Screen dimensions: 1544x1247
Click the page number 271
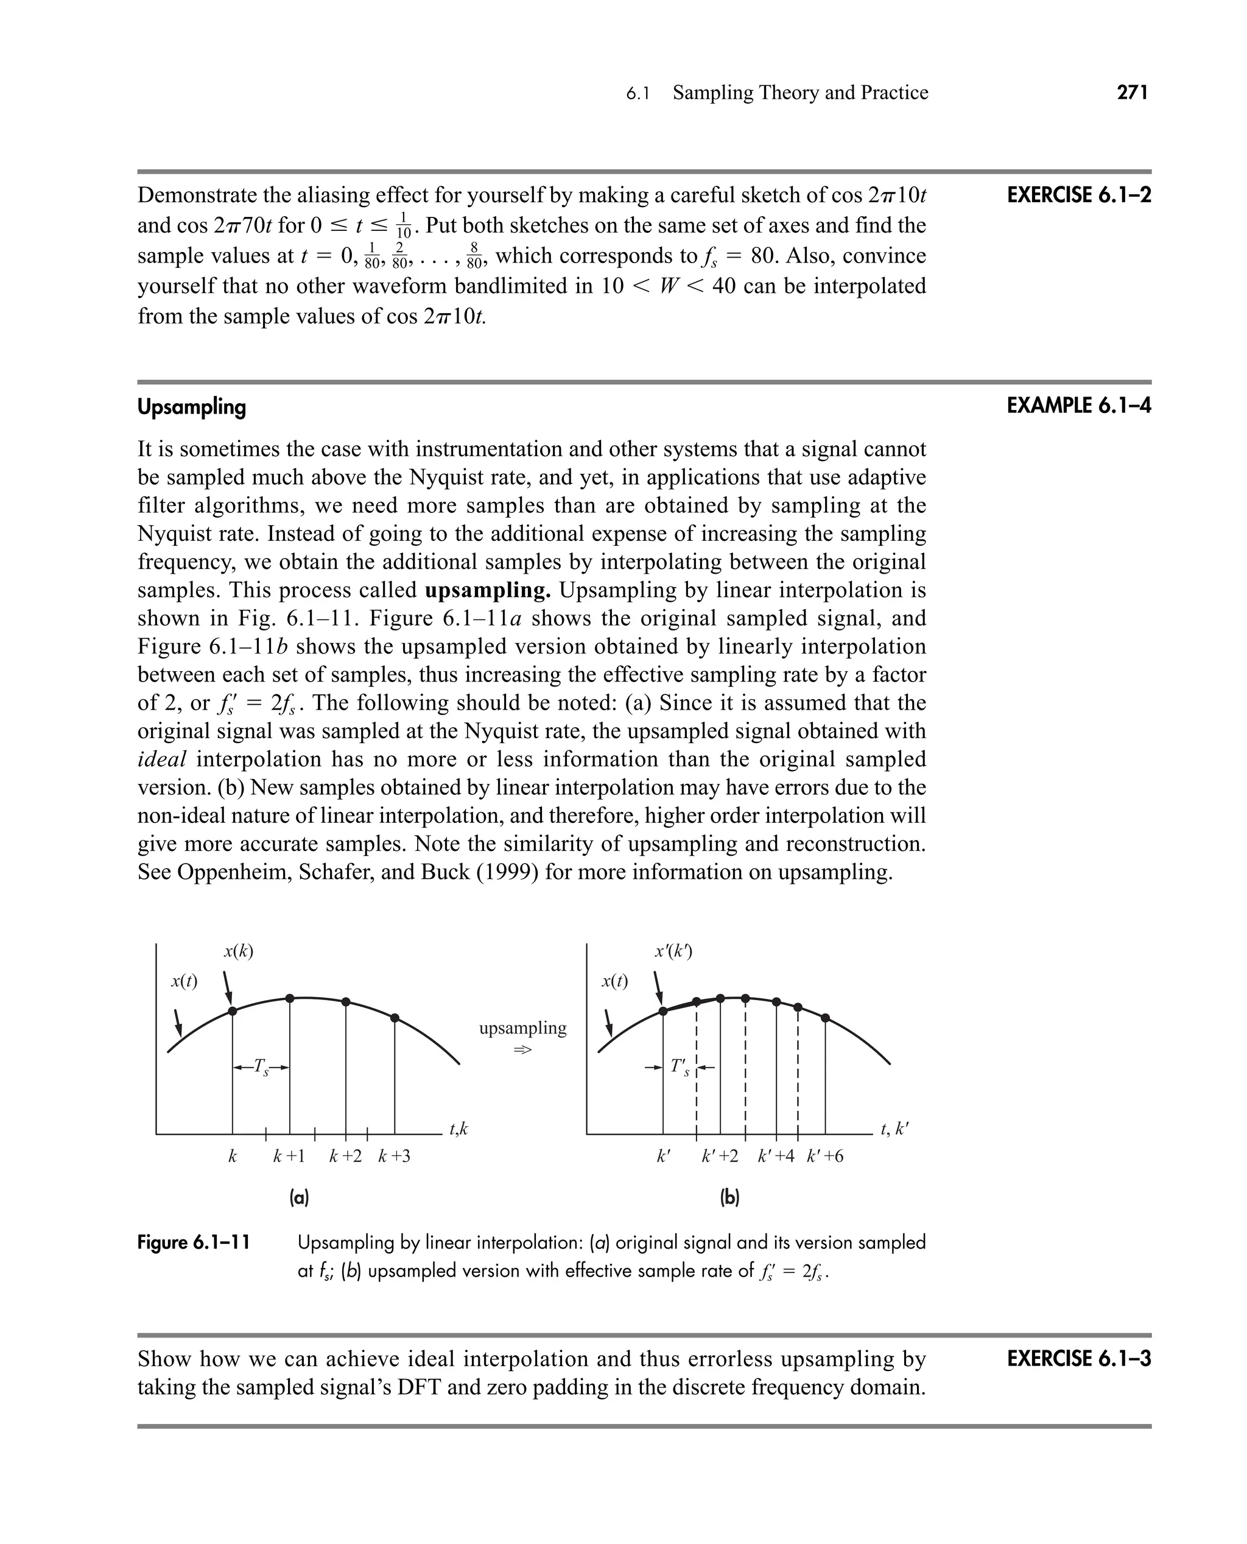(1133, 93)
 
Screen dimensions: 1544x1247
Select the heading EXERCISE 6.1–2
(1078, 196)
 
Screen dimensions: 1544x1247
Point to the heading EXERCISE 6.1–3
(1078, 1359)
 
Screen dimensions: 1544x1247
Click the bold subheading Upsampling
(192, 407)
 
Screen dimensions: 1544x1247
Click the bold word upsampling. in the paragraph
(488, 591)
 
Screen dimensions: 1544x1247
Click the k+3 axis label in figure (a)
(395, 1157)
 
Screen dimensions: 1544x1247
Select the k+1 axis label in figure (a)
(289, 1157)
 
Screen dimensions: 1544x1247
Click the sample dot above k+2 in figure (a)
(345, 1001)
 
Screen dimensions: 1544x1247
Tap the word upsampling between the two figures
(522, 1028)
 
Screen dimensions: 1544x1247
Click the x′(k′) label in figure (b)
(673, 952)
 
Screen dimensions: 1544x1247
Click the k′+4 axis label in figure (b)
(776, 1157)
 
